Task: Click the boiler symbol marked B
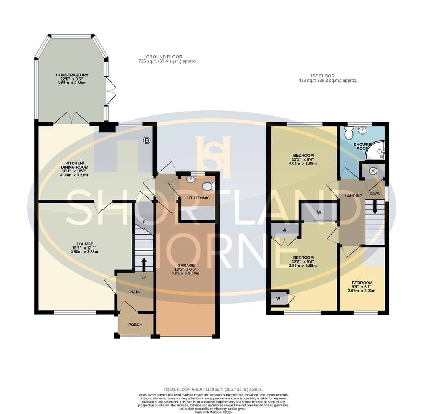click(x=147, y=141)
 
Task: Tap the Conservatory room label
click(x=72, y=75)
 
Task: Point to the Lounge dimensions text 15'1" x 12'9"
click(x=84, y=248)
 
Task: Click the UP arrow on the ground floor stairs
click(x=144, y=264)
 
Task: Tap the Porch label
click(x=135, y=325)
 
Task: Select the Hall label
click(x=135, y=292)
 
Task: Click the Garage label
click(x=186, y=265)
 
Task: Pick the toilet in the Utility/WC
click(x=208, y=187)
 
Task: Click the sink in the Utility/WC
click(x=191, y=179)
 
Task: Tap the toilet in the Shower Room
click(x=349, y=133)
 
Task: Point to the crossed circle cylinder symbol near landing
click(x=373, y=171)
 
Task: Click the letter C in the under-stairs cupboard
click(x=144, y=222)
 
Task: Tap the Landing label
click(x=353, y=196)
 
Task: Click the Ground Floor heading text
click(x=164, y=57)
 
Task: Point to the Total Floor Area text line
click(x=213, y=389)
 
